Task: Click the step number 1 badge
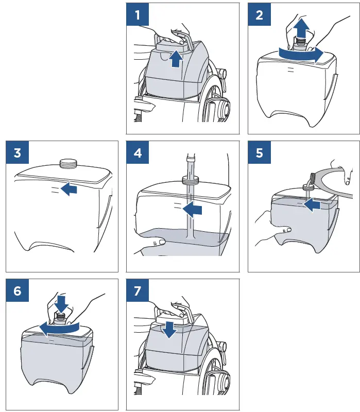coord(138,14)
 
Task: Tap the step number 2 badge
coord(259,14)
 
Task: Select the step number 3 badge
coord(17,152)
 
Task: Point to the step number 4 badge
coord(138,152)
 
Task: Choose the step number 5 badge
coord(259,152)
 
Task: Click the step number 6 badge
coord(17,290)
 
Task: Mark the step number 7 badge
coord(138,290)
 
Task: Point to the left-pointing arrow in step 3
coord(68,190)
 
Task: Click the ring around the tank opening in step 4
coord(191,181)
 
